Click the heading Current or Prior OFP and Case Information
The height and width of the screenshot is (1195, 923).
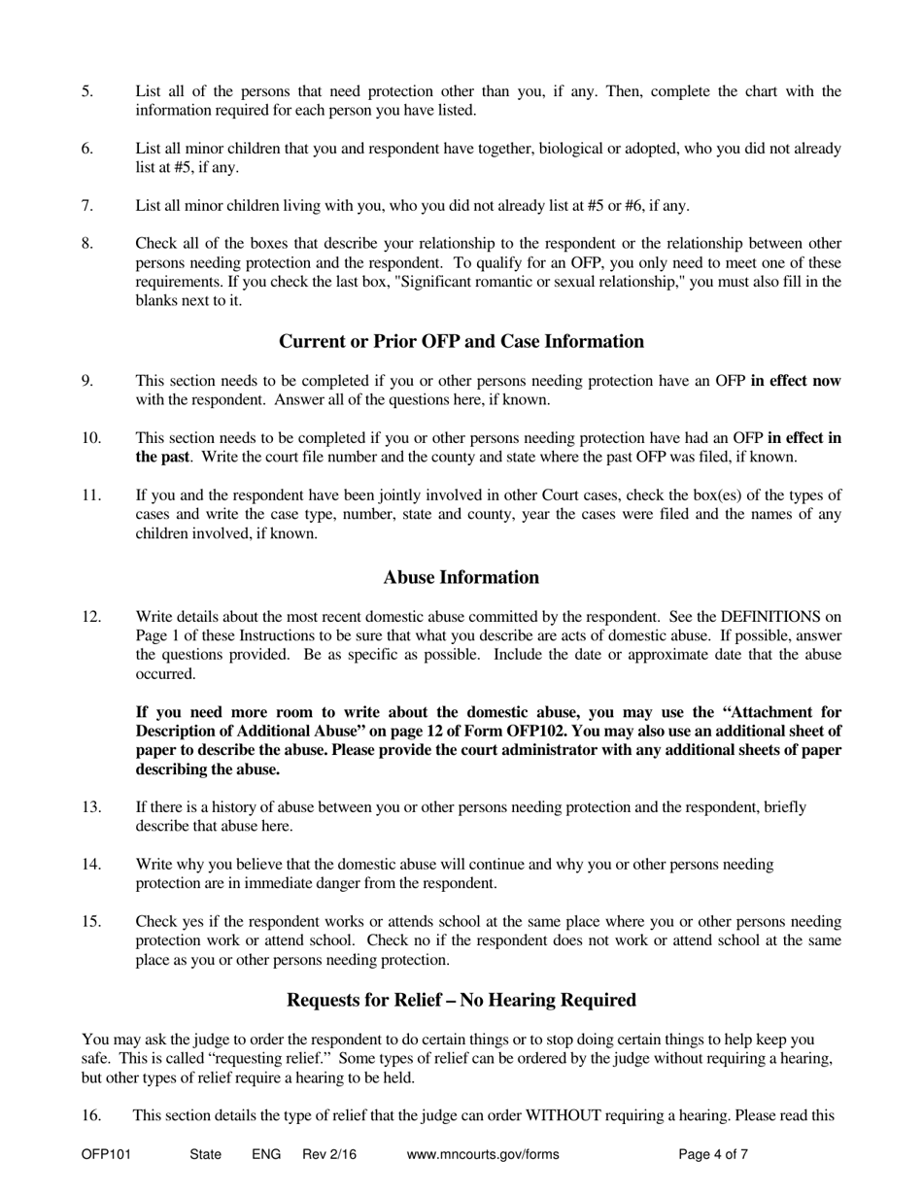pyautogui.click(x=461, y=342)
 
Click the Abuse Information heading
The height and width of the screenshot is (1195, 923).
pyautogui.click(x=461, y=578)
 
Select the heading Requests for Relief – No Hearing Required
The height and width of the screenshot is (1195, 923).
pyautogui.click(x=461, y=1001)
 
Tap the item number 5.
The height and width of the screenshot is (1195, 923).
pyautogui.click(x=87, y=92)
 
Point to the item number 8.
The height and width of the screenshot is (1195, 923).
pyautogui.click(x=87, y=244)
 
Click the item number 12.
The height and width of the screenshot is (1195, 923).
pyautogui.click(x=91, y=617)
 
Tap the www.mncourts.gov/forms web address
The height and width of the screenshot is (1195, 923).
pyautogui.click(x=483, y=1155)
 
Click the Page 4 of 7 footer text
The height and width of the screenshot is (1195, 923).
pyautogui.click(x=713, y=1155)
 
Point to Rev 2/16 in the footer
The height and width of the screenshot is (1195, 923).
pyautogui.click(x=329, y=1155)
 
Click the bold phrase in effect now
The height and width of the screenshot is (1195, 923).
pyautogui.click(x=796, y=382)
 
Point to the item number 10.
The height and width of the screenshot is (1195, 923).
pyautogui.click(x=91, y=438)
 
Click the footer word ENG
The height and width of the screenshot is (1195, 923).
pyautogui.click(x=266, y=1155)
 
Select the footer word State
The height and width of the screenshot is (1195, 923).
pyautogui.click(x=206, y=1155)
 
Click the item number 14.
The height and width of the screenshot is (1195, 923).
pyautogui.click(x=91, y=865)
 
